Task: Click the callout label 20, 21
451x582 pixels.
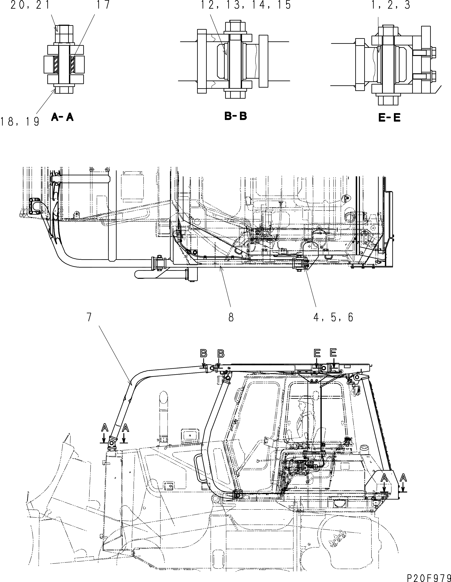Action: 30,5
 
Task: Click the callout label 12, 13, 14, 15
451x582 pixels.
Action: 246,5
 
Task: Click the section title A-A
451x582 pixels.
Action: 62,117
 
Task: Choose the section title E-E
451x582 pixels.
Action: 389,118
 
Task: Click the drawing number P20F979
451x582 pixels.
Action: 429,578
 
